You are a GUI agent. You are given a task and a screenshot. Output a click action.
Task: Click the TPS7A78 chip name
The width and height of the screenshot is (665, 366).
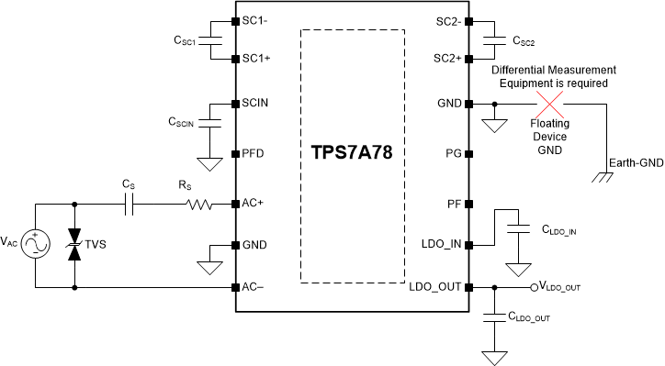(x=352, y=152)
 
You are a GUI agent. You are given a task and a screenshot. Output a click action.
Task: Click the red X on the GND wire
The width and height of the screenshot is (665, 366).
(x=550, y=105)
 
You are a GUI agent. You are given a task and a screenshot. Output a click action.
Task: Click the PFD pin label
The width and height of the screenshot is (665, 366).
(x=254, y=152)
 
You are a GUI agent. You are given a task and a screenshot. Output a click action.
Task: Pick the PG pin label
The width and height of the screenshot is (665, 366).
(x=453, y=152)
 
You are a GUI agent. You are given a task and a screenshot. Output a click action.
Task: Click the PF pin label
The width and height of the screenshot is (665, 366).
(x=453, y=202)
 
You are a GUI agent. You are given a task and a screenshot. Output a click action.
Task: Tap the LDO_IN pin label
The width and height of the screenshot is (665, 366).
(x=441, y=245)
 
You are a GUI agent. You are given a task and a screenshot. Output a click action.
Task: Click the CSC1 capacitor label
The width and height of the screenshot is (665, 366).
(x=185, y=41)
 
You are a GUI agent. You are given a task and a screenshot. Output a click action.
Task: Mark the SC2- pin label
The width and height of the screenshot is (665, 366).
(x=447, y=21)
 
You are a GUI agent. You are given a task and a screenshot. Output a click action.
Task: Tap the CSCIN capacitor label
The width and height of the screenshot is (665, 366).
(x=183, y=121)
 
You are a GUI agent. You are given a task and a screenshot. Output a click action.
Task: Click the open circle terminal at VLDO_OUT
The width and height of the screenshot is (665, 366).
(x=535, y=287)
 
